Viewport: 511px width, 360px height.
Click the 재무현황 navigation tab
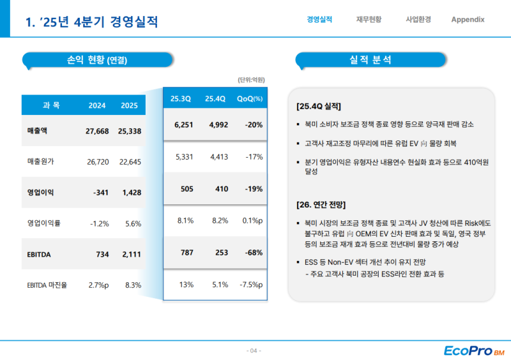[369, 19]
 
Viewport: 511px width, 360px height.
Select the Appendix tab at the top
[468, 19]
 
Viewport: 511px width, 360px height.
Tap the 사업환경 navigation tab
[418, 19]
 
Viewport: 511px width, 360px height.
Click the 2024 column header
[97, 105]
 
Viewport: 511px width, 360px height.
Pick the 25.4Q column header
[215, 99]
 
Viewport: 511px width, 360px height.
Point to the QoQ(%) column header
[250, 99]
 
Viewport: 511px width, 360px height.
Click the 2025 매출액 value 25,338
[130, 131]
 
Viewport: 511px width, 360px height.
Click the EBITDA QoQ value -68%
[253, 253]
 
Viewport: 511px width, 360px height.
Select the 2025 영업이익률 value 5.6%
[133, 223]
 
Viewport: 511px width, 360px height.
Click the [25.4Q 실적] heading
[319, 106]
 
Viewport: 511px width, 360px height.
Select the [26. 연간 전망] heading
[321, 205]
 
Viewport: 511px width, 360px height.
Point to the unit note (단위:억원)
[251, 80]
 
